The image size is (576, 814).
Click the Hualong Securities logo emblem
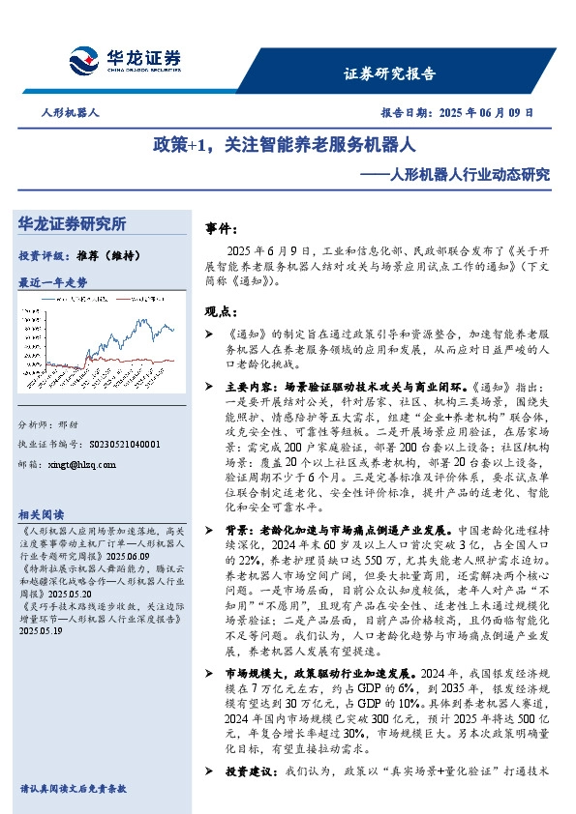pyautogui.click(x=84, y=61)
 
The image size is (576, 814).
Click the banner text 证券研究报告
pyautogui.click(x=390, y=73)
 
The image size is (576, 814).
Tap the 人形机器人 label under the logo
pyautogui.click(x=71, y=113)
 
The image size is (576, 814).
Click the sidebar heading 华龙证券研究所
pyautogui.click(x=72, y=224)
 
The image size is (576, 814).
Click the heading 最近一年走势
pyautogui.click(x=53, y=282)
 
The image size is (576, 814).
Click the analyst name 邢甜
pyautogui.click(x=69, y=426)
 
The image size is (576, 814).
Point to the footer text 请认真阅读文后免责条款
pyautogui.click(x=73, y=789)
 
